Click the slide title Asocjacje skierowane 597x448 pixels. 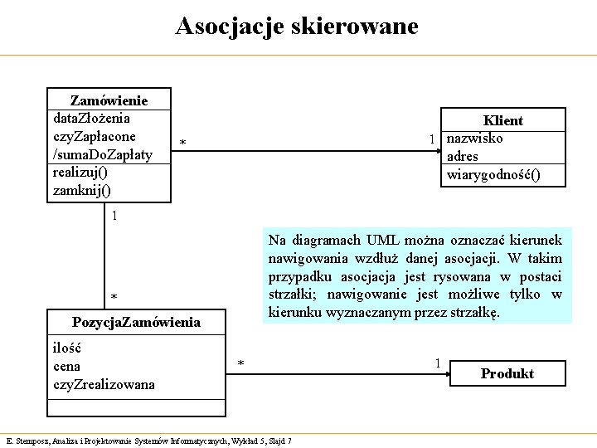click(297, 27)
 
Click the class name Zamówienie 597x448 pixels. click(109, 100)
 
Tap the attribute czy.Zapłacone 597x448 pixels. click(94, 136)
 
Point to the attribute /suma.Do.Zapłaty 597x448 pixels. click(102, 154)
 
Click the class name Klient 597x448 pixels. click(503, 120)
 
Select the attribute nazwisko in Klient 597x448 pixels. click(474, 138)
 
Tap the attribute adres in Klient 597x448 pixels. click(462, 156)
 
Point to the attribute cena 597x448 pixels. click(66, 366)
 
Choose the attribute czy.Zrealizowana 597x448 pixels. click(104, 384)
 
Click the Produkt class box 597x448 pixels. click(507, 373)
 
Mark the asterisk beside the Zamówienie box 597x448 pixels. click(182, 145)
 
